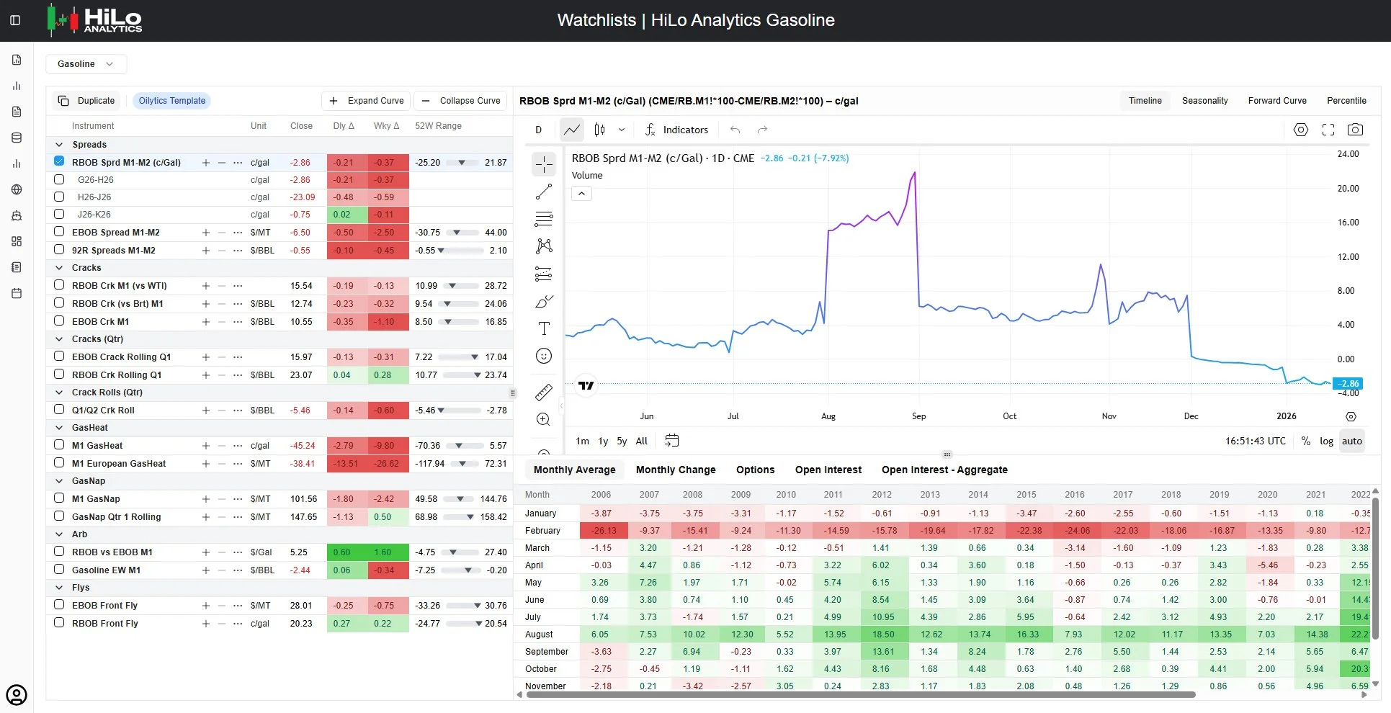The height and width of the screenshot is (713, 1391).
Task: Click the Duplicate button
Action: pyautogui.click(x=86, y=101)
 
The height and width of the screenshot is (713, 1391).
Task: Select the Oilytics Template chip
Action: pyautogui.click(x=172, y=101)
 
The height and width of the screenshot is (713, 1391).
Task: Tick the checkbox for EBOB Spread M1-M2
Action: pyautogui.click(x=59, y=232)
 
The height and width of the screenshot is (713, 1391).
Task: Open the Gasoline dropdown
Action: pyautogui.click(x=86, y=64)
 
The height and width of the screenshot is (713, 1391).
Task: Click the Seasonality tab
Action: pyautogui.click(x=1204, y=101)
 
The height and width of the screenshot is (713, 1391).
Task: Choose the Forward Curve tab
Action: pyautogui.click(x=1277, y=101)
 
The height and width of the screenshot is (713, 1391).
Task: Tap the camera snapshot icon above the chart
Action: pyautogui.click(x=1355, y=130)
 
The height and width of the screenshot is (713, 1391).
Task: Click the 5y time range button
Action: pyautogui.click(x=622, y=441)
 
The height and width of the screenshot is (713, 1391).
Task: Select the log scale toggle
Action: pyautogui.click(x=1326, y=441)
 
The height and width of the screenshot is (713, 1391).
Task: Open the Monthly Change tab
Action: pyautogui.click(x=676, y=470)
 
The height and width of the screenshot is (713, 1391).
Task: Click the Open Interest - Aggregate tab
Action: pyautogui.click(x=944, y=470)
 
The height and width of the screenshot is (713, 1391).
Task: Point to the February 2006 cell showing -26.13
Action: pyautogui.click(x=604, y=531)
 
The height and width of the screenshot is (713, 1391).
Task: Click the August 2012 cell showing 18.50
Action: pyautogui.click(x=882, y=634)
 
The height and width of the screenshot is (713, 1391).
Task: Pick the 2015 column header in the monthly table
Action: pyautogui.click(x=1027, y=495)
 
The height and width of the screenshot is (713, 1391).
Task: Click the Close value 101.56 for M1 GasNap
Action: pyautogui.click(x=303, y=499)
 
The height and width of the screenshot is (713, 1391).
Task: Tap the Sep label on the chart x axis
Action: pyautogui.click(x=918, y=416)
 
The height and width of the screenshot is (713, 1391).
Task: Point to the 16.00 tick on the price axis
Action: pyautogui.click(x=1348, y=223)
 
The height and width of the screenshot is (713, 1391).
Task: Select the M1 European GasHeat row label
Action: pyautogui.click(x=119, y=464)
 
